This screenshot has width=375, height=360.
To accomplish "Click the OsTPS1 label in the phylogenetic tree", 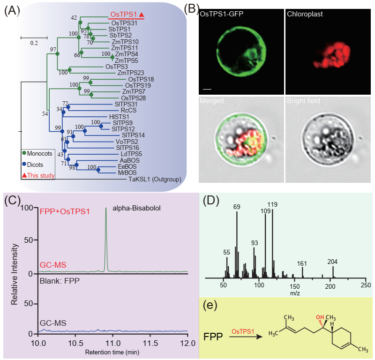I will [124, 15].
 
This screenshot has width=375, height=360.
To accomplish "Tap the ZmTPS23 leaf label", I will [129, 72].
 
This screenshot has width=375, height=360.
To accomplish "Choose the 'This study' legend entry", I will [38, 176].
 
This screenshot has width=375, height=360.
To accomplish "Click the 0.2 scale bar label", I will [34, 43].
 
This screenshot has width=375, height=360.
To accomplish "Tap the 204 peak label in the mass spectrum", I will [333, 262].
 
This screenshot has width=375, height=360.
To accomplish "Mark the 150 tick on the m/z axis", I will [294, 285].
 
